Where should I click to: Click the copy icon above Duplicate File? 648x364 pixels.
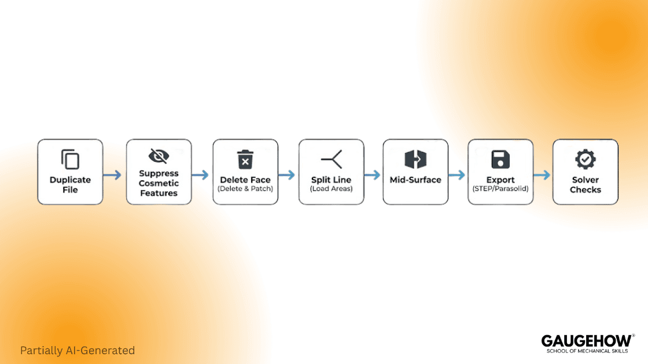coord(70,159)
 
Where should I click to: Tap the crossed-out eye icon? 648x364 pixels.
coord(159,155)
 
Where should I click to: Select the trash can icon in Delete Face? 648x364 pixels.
coord(245,159)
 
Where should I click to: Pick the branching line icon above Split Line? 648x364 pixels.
coord(332,159)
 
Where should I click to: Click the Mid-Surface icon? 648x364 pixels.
coord(415,159)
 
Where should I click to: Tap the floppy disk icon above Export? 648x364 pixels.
coord(500,159)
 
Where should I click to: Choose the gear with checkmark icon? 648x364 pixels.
coord(586,158)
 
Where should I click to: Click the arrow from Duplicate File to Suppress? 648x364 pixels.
coord(114,175)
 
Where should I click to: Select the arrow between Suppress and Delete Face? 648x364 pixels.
coord(201,175)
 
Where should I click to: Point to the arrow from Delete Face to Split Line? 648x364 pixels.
coord(287,175)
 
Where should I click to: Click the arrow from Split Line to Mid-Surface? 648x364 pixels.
coord(373,175)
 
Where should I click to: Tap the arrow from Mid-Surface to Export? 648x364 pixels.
coord(457,175)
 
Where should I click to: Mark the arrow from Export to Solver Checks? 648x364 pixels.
coord(542,175)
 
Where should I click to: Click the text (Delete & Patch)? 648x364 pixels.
coord(245,189)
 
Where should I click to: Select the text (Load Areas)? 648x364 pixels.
coord(331,189)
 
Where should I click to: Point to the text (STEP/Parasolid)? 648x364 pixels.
coord(500,189)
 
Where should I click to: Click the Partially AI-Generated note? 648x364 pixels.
coord(78,350)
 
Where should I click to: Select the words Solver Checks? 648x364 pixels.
coord(586,184)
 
